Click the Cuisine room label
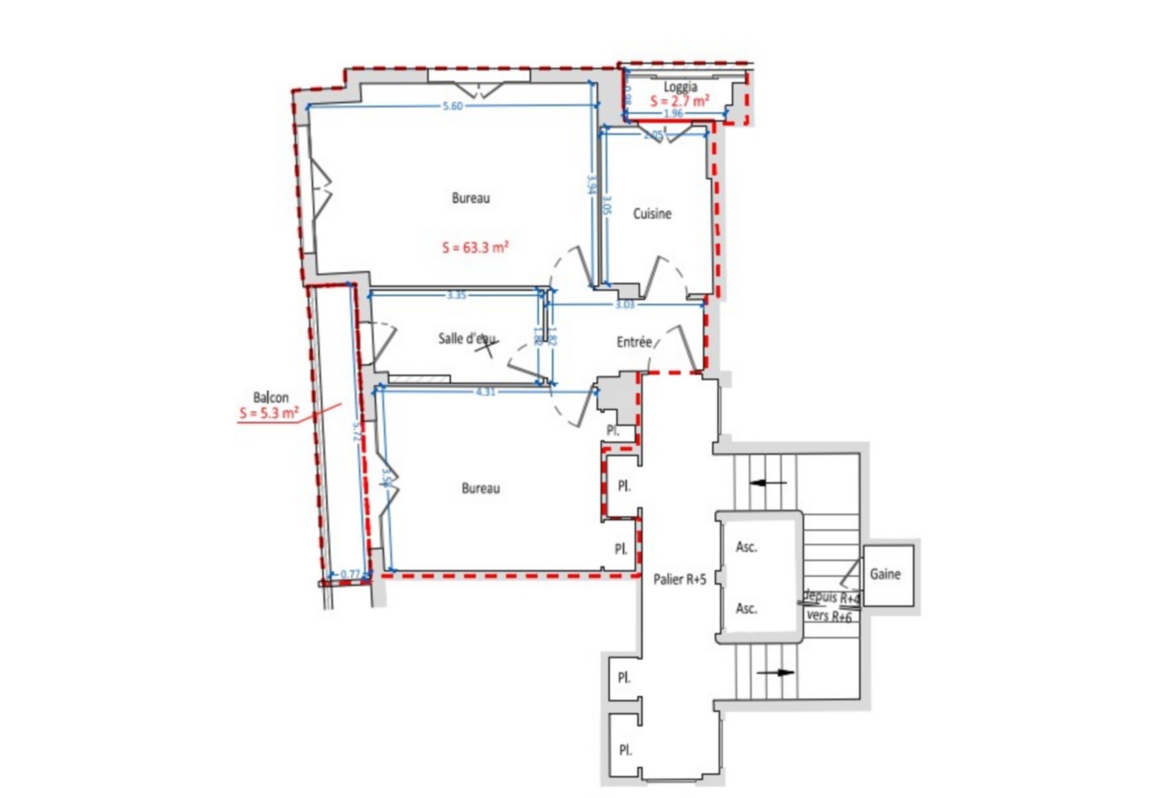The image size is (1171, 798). [x=652, y=214]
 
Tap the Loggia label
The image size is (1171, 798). [x=680, y=87]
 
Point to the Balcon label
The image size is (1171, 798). [x=270, y=397]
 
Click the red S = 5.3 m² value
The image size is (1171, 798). [x=269, y=413]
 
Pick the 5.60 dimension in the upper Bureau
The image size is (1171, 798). [x=452, y=106]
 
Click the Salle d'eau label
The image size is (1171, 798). [x=466, y=338]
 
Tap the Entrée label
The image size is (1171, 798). [x=634, y=342]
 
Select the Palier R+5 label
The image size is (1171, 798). [x=680, y=579]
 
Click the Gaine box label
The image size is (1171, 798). [x=885, y=574]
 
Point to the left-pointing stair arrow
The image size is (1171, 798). [x=767, y=483]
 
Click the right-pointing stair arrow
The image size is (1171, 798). [x=776, y=672]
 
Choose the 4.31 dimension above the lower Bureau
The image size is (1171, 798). [x=485, y=393]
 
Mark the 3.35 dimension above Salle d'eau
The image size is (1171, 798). [x=457, y=295]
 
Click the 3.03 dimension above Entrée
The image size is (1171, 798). [x=625, y=305]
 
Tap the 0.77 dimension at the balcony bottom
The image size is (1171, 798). [x=350, y=574]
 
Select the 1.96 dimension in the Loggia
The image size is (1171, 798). [x=673, y=113]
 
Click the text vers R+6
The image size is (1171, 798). [x=829, y=616]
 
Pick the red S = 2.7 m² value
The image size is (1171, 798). [x=679, y=101]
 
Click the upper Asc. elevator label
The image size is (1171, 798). [x=746, y=547]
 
